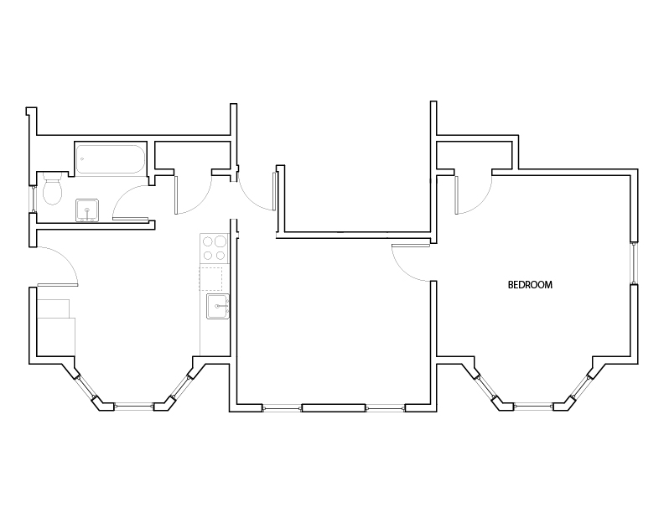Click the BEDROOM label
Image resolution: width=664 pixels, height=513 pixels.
coord(530,285)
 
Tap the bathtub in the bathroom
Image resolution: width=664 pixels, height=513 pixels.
coord(111,159)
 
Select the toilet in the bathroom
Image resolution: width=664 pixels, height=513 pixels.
coord(52,188)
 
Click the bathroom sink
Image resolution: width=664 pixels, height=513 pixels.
coord(87,210)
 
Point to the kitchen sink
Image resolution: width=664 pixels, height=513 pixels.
coord(218,306)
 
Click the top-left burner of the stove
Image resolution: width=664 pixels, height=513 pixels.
coord(208,241)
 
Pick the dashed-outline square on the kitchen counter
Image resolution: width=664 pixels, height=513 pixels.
coord(211,278)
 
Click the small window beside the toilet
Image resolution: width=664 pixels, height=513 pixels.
coord(33,199)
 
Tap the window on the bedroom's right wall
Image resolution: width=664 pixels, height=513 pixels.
coord(634,263)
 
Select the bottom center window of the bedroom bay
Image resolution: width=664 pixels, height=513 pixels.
coord(534,407)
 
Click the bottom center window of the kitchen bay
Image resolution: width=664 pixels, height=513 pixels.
coord(134,407)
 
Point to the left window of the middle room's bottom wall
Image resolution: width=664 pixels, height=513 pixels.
coord(282,408)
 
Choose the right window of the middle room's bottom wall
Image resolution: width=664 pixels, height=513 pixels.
coord(386,408)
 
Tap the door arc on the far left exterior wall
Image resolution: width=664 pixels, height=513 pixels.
coord(70,260)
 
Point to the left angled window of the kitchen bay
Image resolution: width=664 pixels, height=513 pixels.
coord(86,387)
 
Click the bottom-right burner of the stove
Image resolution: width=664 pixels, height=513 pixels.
coord(220,255)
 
